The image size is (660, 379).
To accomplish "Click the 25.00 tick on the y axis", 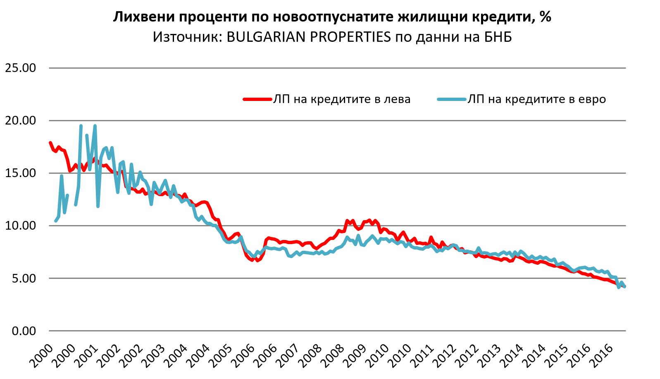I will (x=20, y=68).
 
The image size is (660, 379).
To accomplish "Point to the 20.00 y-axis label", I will (x=20, y=120).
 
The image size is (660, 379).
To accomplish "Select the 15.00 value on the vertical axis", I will (x=20, y=173).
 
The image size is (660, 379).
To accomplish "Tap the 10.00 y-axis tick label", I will (x=20, y=225).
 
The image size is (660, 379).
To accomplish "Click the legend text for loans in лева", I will (x=341, y=99).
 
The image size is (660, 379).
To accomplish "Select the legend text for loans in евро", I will (x=537, y=99).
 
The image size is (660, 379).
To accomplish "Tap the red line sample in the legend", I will (x=256, y=99).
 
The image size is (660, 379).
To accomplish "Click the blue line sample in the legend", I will (x=451, y=99).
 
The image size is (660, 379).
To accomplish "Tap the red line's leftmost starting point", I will (x=50, y=143).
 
